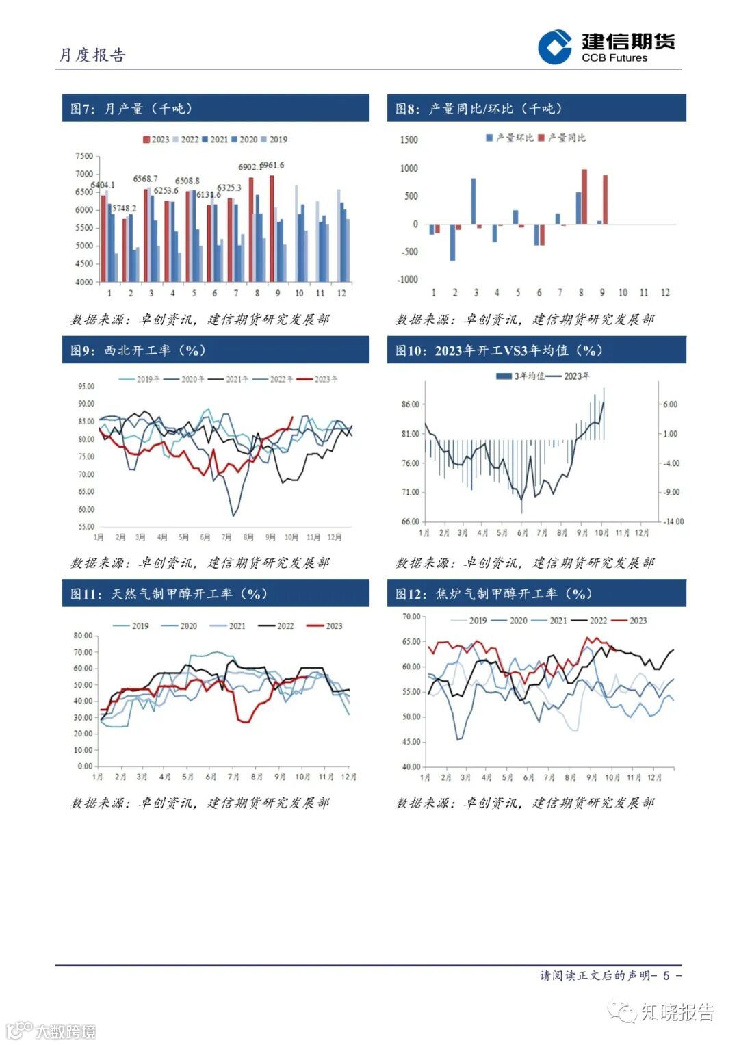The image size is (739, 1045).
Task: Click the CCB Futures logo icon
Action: [x=554, y=47]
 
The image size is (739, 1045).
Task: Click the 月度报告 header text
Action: [x=92, y=55]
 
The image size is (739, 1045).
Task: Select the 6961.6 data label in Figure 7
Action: [x=272, y=165]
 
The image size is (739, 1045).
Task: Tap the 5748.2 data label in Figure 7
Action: [x=124, y=208]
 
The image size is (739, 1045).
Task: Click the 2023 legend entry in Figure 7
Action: [x=156, y=140]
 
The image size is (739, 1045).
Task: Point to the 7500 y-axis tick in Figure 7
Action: [x=84, y=156]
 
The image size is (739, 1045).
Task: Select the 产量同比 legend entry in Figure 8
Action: [x=562, y=138]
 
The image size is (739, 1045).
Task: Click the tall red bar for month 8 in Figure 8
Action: [x=584, y=196]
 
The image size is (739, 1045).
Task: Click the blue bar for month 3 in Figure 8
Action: [x=474, y=201]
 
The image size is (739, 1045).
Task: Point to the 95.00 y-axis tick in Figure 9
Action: [x=86, y=386]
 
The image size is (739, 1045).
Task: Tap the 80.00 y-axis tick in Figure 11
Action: [x=83, y=636]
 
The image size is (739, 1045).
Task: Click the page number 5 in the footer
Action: [x=666, y=975]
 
